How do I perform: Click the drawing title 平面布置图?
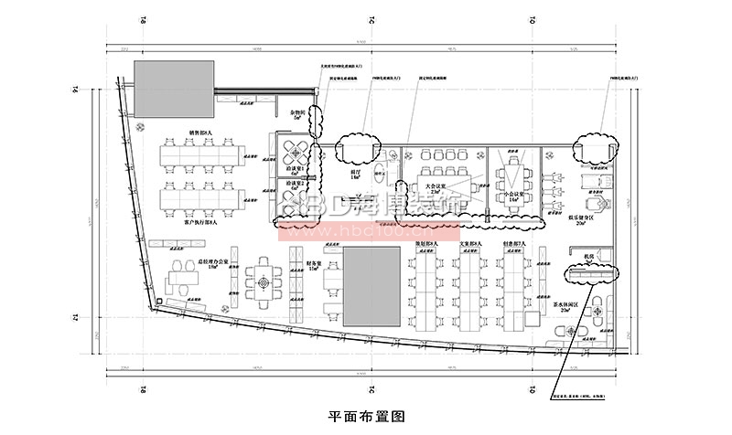coord(365,416)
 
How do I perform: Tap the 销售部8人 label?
coord(200,133)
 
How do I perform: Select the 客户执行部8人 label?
coord(200,222)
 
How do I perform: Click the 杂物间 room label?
coord(296,113)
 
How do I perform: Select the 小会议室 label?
coord(513,195)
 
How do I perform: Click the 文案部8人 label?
coord(472,245)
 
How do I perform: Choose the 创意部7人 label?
coord(518,245)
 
